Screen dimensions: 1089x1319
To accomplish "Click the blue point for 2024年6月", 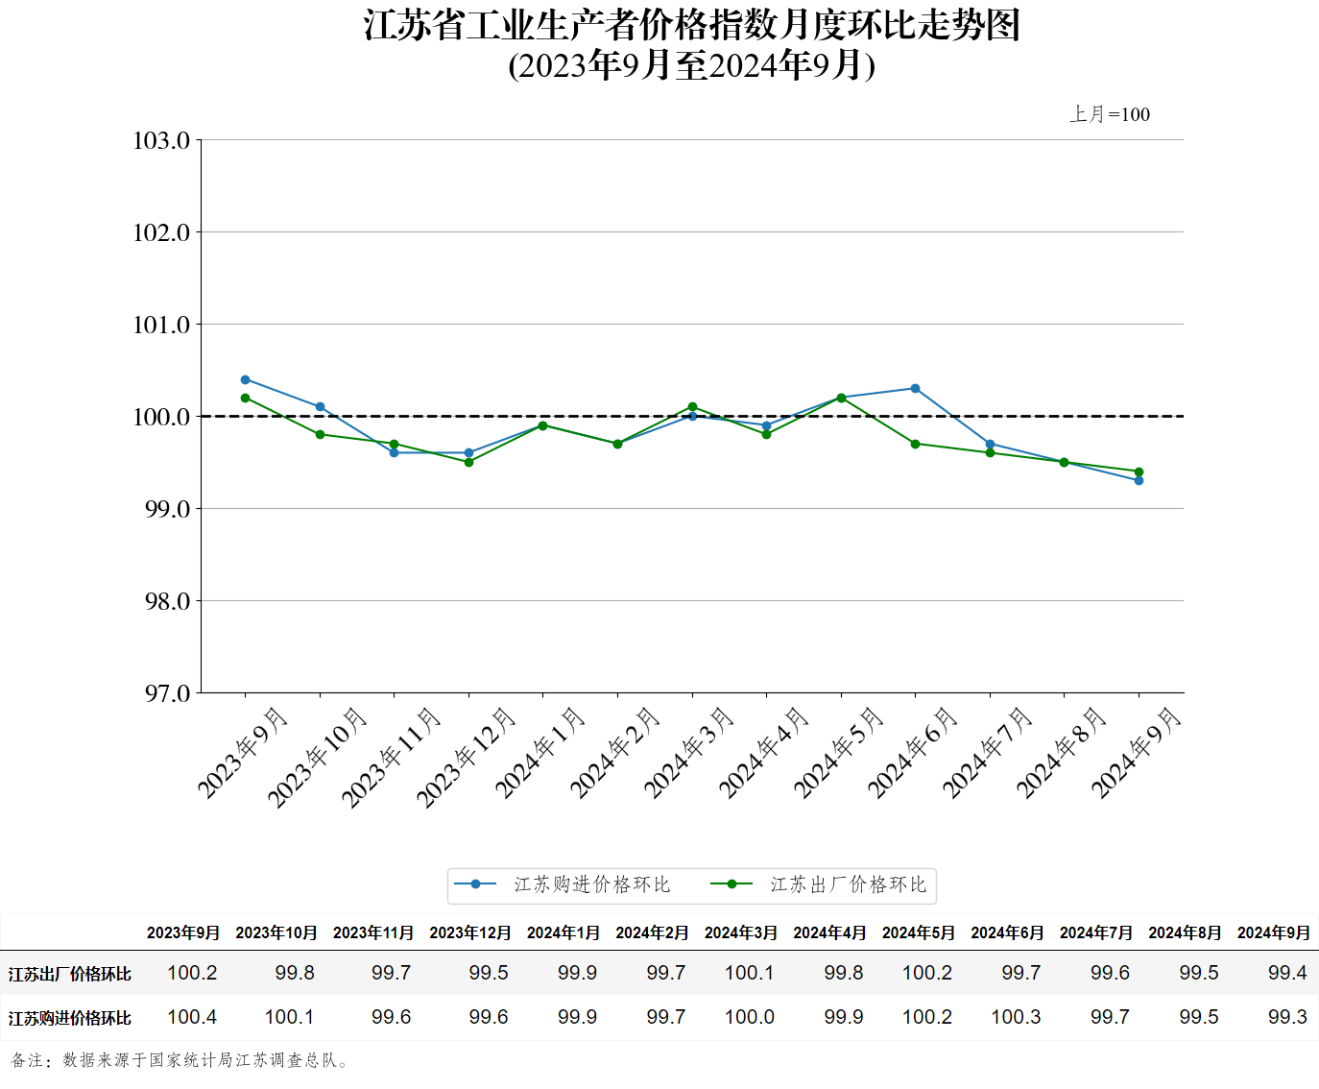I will [x=915, y=389].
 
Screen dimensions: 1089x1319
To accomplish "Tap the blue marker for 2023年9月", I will [x=246, y=379].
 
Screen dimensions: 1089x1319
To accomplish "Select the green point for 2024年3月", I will [x=692, y=407].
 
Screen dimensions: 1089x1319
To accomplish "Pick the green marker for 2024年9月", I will [x=1139, y=472].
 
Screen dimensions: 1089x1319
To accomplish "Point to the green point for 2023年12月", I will [x=468, y=462].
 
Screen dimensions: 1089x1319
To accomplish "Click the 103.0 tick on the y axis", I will [x=161, y=141].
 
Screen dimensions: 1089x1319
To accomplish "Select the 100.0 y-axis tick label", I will [x=161, y=417].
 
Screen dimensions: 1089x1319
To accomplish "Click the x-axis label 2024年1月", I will [x=540, y=753].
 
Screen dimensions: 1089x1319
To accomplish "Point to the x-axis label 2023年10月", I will [x=318, y=758].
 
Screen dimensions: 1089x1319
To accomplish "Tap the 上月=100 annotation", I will [x=1110, y=114].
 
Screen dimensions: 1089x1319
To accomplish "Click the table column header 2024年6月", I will [x=1007, y=932].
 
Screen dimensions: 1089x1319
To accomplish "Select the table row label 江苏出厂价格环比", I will [x=70, y=974].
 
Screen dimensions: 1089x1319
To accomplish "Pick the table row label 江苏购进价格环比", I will [x=70, y=1018].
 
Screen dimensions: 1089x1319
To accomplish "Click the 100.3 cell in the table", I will [x=1016, y=1017].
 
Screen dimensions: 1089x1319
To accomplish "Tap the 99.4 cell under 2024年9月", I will [x=1286, y=973].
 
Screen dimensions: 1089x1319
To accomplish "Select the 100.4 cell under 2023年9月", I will [x=192, y=1017].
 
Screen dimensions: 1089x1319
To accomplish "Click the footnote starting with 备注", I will [x=182, y=1060].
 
